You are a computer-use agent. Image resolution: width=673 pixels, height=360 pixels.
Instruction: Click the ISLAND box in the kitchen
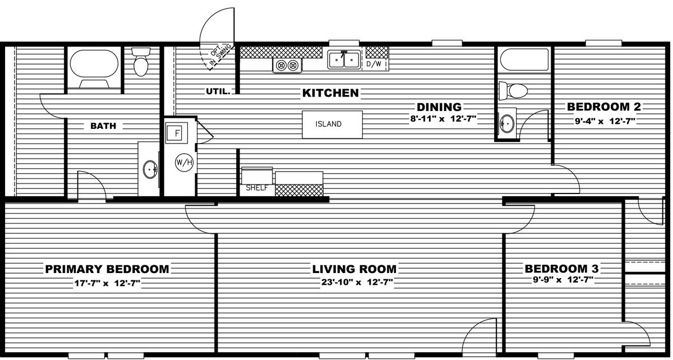pos(332,124)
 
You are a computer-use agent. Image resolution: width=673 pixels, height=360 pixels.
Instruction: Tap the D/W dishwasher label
pos(374,64)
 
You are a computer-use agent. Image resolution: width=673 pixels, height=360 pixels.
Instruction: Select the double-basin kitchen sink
pos(344,60)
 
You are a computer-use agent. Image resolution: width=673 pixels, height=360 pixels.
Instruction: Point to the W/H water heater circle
pos(184,163)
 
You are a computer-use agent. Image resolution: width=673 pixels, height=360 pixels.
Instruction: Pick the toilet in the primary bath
pos(141,61)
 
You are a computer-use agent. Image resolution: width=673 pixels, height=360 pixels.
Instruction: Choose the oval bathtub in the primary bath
pos(94,64)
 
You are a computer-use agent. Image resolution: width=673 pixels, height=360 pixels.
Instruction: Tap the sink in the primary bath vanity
pos(150,169)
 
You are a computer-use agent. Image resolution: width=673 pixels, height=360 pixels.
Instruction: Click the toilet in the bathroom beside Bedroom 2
pos(513,90)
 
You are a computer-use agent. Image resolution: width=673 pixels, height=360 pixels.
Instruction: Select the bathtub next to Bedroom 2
pos(524,59)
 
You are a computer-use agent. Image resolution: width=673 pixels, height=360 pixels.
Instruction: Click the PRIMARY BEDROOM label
pos(107,269)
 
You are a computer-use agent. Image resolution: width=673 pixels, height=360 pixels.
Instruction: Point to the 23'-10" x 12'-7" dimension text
pos(357,283)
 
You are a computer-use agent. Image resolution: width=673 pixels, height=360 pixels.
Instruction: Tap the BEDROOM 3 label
pos(561,269)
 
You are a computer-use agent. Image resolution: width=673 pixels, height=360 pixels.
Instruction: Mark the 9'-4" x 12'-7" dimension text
pos(605,121)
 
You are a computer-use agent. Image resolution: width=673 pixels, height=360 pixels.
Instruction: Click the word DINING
pos(439,107)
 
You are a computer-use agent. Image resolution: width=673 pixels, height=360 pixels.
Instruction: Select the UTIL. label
pos(218,91)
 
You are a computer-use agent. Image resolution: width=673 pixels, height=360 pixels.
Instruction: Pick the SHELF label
pos(257,188)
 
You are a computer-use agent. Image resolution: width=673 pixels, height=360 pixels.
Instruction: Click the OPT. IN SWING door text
pos(220,55)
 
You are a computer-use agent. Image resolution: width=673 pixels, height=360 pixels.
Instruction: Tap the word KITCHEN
pos(330,93)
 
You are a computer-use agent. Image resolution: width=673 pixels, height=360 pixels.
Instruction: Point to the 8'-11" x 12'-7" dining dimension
pos(444,119)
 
